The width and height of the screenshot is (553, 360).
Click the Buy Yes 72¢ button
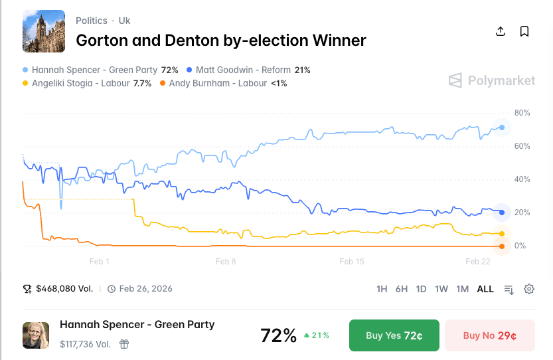click(x=394, y=335)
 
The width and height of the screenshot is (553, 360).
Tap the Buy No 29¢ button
click(x=489, y=335)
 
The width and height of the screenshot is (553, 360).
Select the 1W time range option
click(x=441, y=289)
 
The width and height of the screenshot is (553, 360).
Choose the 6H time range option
click(x=402, y=289)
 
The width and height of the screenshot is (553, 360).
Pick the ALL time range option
click(x=485, y=289)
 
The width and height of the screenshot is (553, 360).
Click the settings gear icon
click(x=529, y=289)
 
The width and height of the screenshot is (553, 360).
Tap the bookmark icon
click(x=524, y=31)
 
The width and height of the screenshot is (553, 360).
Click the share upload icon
click(x=501, y=31)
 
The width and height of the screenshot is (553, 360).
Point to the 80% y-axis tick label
click(x=522, y=113)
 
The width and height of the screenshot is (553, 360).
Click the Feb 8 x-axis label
click(x=226, y=262)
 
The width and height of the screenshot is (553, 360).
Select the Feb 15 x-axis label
click(x=351, y=262)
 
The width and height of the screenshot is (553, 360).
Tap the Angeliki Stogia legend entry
click(x=87, y=84)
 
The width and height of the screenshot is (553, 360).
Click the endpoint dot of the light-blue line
click(x=502, y=128)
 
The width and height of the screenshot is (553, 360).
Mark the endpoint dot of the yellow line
click(x=502, y=234)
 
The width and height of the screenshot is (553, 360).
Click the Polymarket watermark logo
click(x=491, y=81)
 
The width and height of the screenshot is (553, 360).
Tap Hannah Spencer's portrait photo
click(x=36, y=335)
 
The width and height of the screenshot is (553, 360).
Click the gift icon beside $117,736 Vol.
click(x=124, y=344)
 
